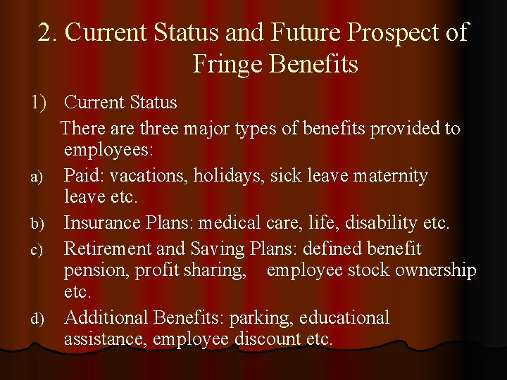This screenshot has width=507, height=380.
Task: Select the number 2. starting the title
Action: tap(49, 33)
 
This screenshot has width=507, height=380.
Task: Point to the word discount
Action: tap(268, 339)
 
